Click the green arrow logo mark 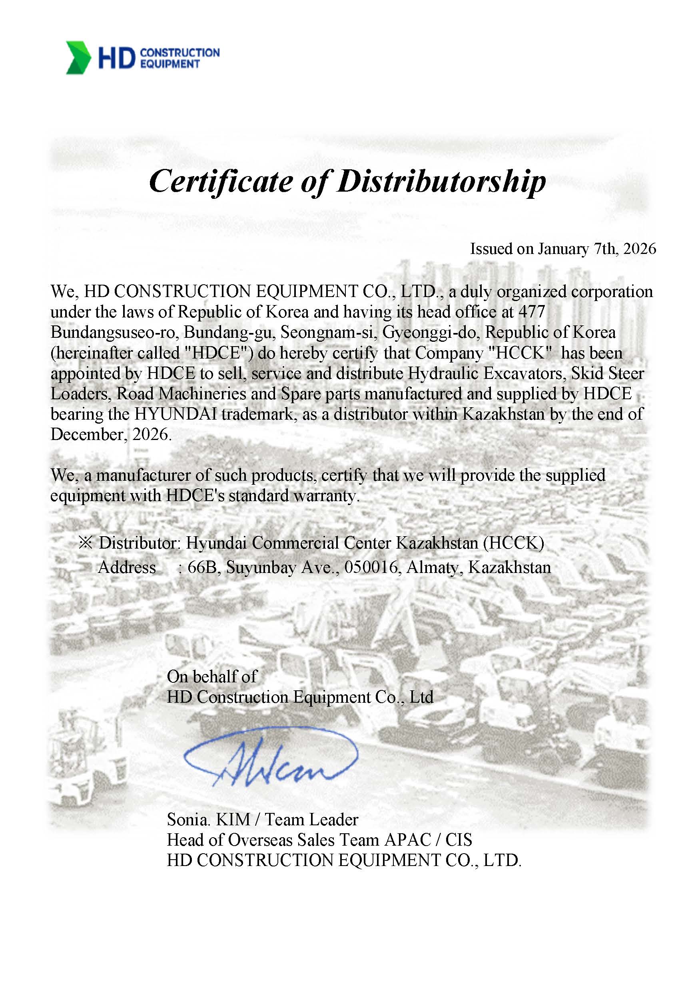pyautogui.click(x=78, y=58)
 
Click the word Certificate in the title pyautogui.click(x=221, y=182)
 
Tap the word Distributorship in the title pyautogui.click(x=441, y=182)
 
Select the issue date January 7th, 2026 pyautogui.click(x=596, y=249)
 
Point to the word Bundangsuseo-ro pyautogui.click(x=114, y=332)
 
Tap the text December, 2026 pyautogui.click(x=111, y=434)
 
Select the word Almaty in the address pyautogui.click(x=434, y=567)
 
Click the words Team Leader pyautogui.click(x=311, y=819)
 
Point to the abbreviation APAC pyautogui.click(x=408, y=840)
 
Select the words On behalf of pyautogui.click(x=212, y=676)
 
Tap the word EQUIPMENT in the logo pyautogui.click(x=170, y=64)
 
